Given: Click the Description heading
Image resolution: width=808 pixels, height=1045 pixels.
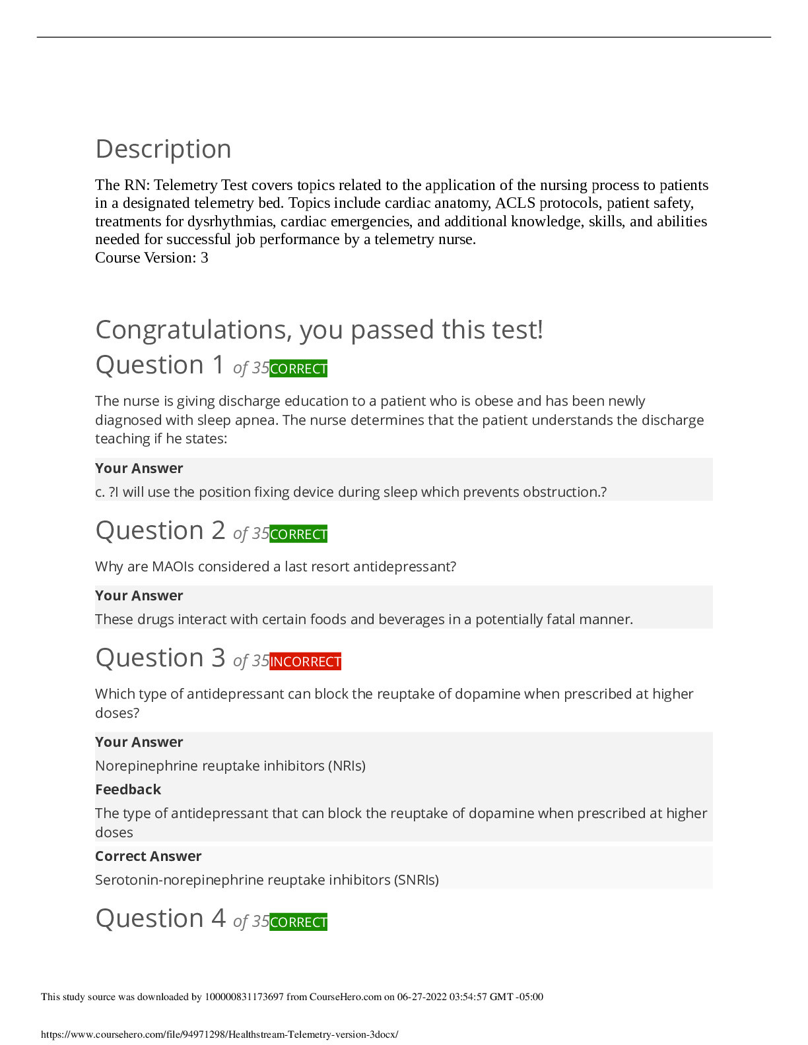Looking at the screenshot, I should pyautogui.click(x=163, y=149).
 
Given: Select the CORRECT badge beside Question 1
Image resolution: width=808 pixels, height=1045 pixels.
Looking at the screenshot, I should pyautogui.click(x=298, y=369).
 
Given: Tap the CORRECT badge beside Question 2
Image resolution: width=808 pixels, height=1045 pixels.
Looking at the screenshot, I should pyautogui.click(x=298, y=534).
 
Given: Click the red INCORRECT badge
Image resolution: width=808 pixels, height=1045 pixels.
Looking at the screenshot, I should pyautogui.click(x=305, y=662).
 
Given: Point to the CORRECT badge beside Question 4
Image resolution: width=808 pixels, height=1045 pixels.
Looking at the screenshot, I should pyautogui.click(x=298, y=922).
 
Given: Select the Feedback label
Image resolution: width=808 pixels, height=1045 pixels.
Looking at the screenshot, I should pyautogui.click(x=128, y=790).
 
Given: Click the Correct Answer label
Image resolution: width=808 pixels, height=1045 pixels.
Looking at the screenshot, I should pyautogui.click(x=148, y=856).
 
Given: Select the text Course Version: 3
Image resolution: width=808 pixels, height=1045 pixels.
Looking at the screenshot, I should pyautogui.click(x=152, y=258).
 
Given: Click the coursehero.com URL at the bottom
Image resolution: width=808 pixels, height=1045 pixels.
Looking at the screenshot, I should pyautogui.click(x=220, y=1034).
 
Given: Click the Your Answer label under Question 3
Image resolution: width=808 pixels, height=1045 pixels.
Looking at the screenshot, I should pyautogui.click(x=139, y=742).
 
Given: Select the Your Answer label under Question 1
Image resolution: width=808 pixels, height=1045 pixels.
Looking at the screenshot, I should pyautogui.click(x=139, y=468).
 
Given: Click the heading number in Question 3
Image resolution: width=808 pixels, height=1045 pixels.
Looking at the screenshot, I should pyautogui.click(x=218, y=658).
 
